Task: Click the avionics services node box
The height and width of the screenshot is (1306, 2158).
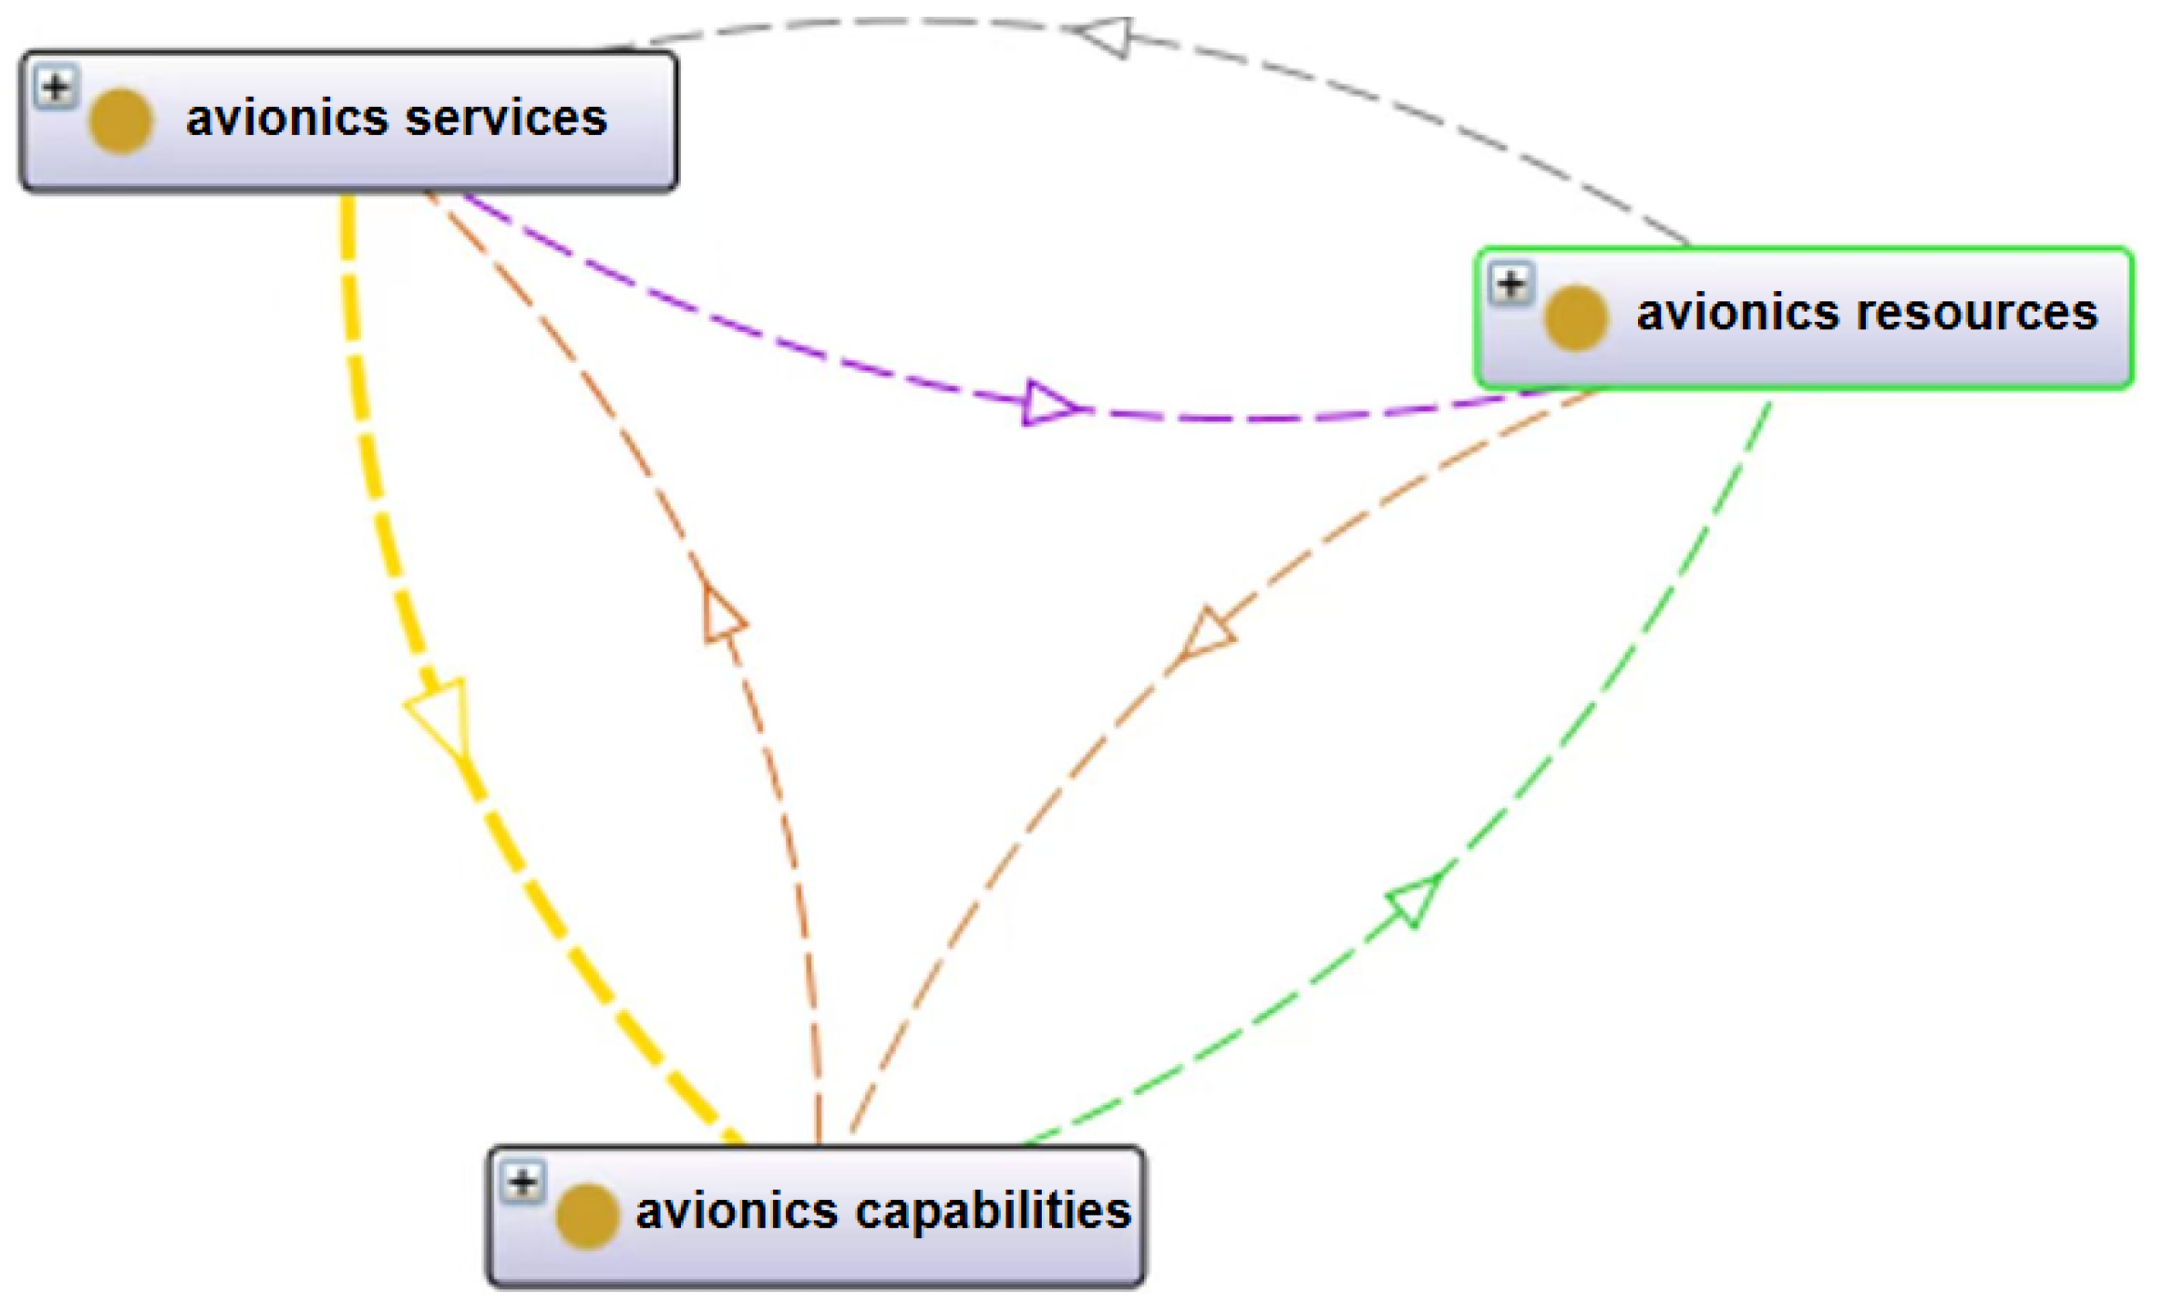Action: click(349, 122)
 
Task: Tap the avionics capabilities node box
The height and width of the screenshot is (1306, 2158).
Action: click(816, 1216)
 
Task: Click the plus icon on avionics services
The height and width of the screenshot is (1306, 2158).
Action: click(56, 88)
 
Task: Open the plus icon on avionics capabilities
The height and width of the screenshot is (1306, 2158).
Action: click(523, 1183)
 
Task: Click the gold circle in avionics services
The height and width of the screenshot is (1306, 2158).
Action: click(121, 122)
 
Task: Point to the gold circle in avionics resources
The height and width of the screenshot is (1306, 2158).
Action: click(1576, 318)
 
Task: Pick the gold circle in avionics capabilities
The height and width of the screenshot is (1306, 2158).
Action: click(587, 1216)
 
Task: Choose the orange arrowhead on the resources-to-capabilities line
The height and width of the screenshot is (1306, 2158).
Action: click(1207, 635)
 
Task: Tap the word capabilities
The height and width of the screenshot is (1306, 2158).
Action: click(992, 1211)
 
